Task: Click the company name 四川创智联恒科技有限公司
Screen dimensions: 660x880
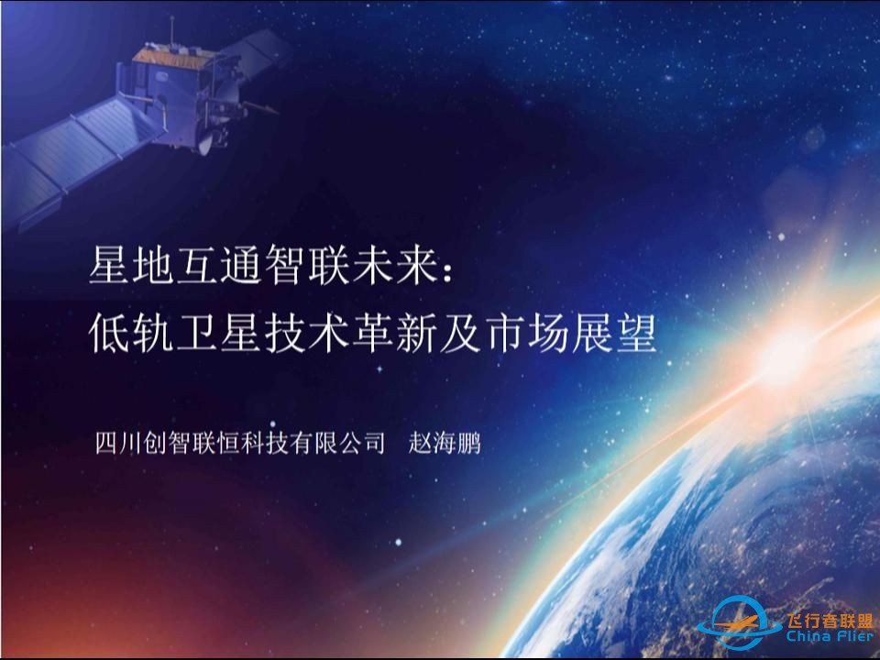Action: coord(239,444)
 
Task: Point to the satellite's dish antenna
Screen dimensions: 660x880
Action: coord(210,137)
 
